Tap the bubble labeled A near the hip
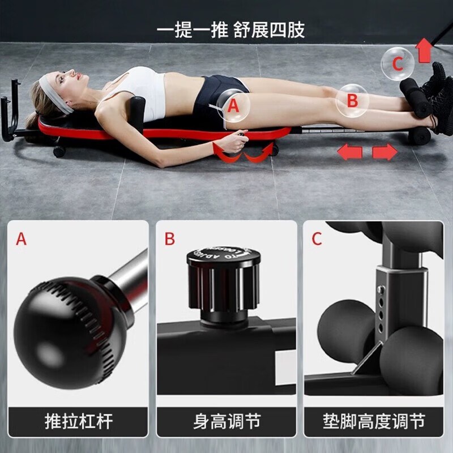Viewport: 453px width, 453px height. coord(234,105)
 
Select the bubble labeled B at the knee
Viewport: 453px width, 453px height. coord(352,101)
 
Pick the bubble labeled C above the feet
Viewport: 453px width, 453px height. coord(397,64)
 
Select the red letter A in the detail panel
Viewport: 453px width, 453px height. coord(21,239)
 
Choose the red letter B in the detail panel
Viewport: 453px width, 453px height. coord(170,239)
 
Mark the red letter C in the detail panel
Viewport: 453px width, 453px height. coord(317,239)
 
